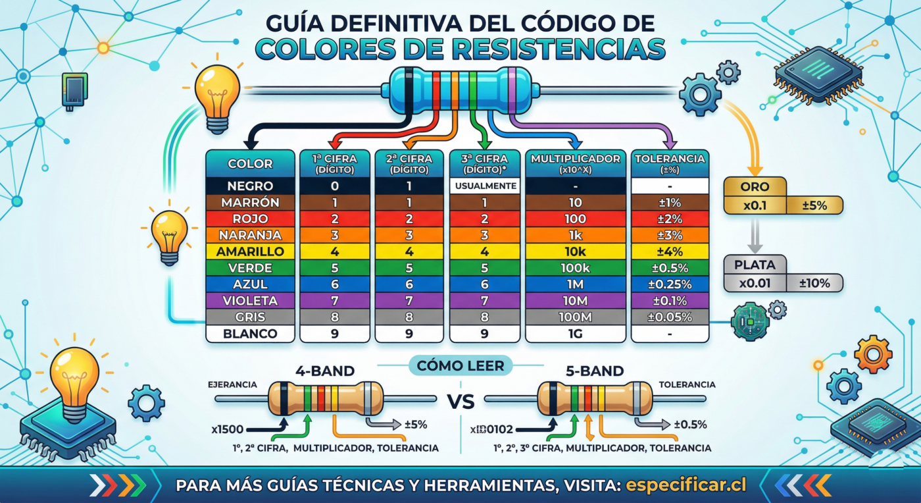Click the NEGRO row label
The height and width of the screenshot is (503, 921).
pos(250,186)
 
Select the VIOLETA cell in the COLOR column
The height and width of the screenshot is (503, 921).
pos(250,301)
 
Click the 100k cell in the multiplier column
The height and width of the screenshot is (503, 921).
pos(575,268)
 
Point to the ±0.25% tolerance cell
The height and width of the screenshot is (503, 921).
pos(669,284)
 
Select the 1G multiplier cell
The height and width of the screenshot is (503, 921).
pos(575,334)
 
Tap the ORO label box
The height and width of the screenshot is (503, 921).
pos(755,187)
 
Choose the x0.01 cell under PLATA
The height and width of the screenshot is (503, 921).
pos(755,284)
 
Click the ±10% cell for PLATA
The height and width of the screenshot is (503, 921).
pos(814,284)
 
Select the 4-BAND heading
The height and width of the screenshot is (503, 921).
pos(317,371)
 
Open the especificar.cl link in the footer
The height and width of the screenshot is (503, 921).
pos(686,485)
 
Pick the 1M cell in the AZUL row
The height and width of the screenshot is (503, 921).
pos(575,284)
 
